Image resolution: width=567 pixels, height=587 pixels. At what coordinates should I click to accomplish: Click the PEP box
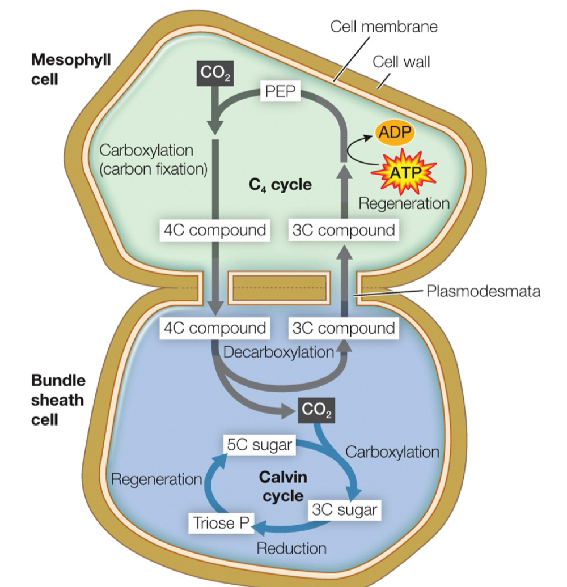point(281,92)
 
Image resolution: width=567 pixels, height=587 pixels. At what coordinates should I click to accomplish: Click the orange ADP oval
point(395,133)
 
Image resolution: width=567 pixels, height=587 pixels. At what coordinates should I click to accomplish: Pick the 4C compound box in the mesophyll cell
point(214,231)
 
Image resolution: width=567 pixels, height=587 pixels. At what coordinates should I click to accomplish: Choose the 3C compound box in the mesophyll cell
point(342,231)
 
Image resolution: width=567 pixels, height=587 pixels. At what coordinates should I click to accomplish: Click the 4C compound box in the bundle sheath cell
point(214,328)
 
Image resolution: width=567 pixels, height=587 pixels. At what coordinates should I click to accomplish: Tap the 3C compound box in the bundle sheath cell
point(342,328)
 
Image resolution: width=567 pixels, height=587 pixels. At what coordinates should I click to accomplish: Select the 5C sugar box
point(259,445)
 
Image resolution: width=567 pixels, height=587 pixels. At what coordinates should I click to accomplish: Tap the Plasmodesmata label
point(483,291)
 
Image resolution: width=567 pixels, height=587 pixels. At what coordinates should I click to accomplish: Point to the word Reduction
point(291,548)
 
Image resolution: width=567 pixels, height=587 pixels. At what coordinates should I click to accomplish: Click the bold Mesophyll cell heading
point(70,67)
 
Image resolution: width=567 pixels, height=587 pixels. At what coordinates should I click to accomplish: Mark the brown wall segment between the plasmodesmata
point(278,288)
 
